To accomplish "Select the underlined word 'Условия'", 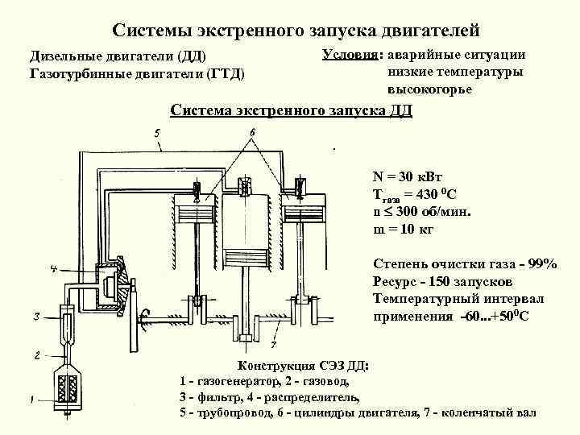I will coord(351,55).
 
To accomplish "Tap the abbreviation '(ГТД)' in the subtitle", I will coord(226,74).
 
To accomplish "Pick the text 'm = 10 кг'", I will coord(404,230).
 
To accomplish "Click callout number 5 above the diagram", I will coord(157,131).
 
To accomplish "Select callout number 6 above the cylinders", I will coord(251,131).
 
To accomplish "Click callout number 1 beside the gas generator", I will coord(32,397).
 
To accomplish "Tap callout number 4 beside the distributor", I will coord(53,268).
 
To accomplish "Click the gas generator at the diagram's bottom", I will coord(68,388).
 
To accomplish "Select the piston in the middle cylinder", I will coord(246,256).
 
